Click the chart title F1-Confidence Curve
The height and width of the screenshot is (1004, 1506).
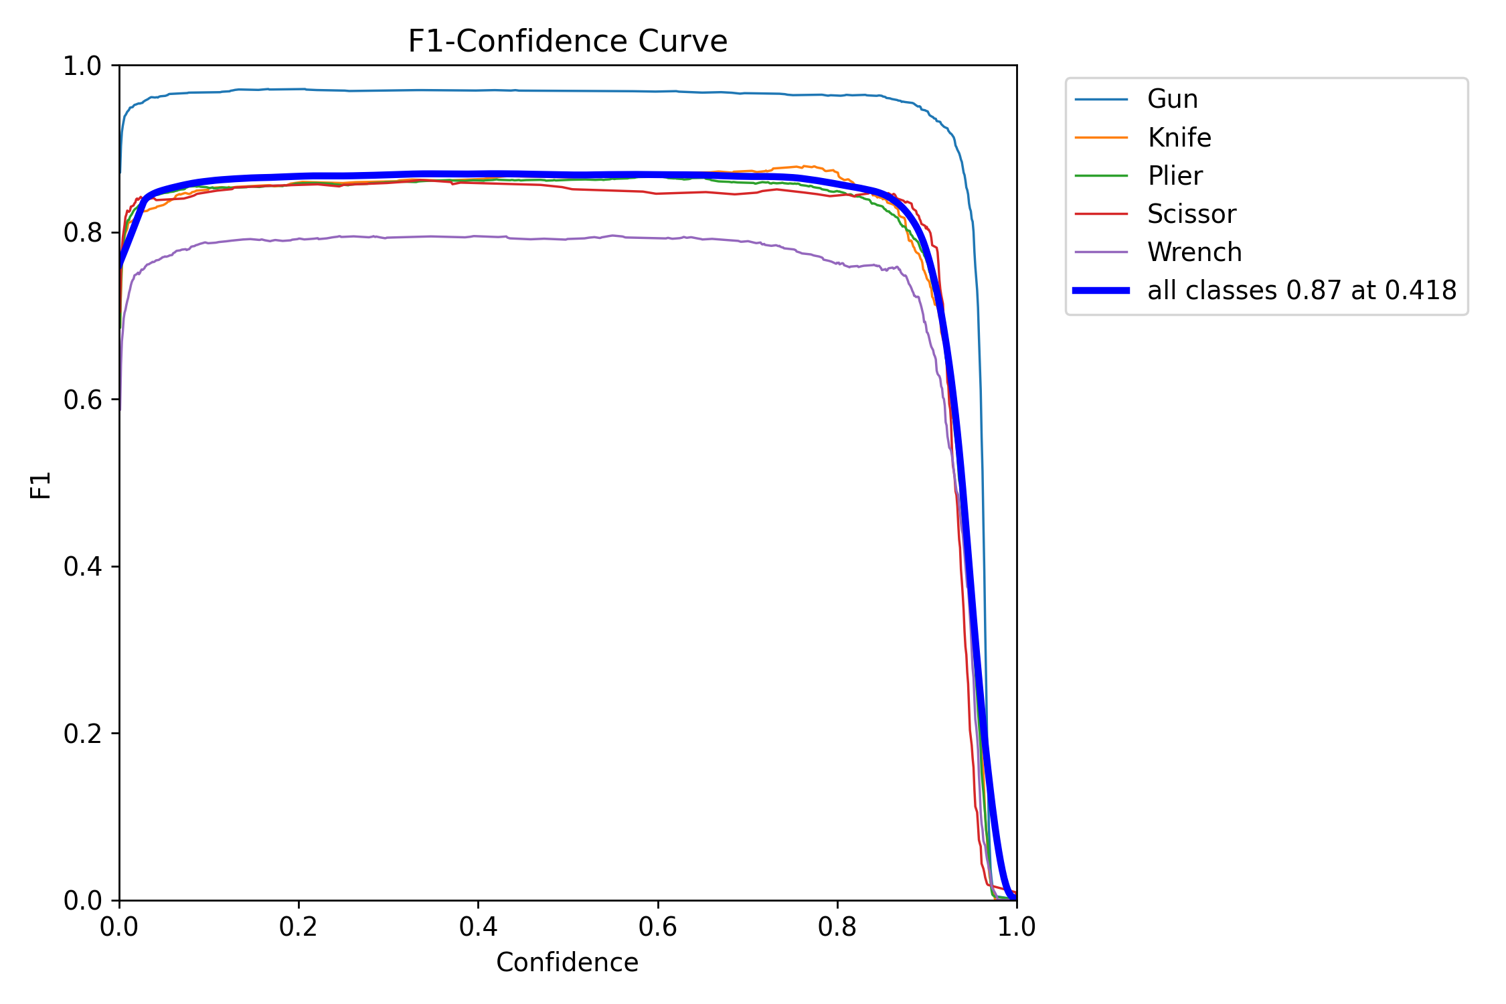pyautogui.click(x=568, y=41)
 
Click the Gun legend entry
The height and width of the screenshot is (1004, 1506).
pyautogui.click(x=1172, y=99)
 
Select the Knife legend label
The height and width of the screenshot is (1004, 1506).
pyautogui.click(x=1179, y=138)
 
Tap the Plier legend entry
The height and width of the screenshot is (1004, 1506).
pyautogui.click(x=1175, y=176)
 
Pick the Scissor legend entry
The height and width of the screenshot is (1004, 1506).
pyautogui.click(x=1191, y=214)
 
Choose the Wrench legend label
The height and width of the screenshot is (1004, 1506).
pyautogui.click(x=1194, y=252)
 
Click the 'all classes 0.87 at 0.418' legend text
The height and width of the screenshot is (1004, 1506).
pyautogui.click(x=1302, y=290)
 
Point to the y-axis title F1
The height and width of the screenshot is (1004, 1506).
pyautogui.click(x=41, y=485)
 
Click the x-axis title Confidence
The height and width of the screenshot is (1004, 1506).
pyautogui.click(x=567, y=963)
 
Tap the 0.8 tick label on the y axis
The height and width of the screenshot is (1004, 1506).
pyautogui.click(x=82, y=233)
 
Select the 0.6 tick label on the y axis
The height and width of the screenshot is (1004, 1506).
pyautogui.click(x=82, y=400)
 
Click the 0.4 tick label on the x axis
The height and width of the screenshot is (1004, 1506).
pyautogui.click(x=478, y=927)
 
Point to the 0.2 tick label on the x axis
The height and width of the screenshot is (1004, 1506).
pyautogui.click(x=299, y=927)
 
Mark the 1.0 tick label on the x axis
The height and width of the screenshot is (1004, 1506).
pyautogui.click(x=1017, y=927)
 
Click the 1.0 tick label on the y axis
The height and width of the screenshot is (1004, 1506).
pyautogui.click(x=82, y=66)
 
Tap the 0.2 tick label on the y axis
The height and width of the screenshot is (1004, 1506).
pyautogui.click(x=82, y=734)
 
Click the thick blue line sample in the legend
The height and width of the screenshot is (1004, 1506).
pyautogui.click(x=1101, y=290)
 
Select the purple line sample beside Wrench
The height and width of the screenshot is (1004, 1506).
pyautogui.click(x=1101, y=252)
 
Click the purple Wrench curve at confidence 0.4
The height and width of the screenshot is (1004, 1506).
pyautogui.click(x=478, y=236)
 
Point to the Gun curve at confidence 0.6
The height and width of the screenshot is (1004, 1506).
pyautogui.click(x=658, y=91)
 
